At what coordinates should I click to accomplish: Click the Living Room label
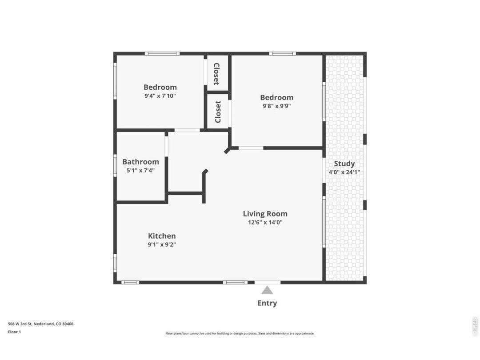coord(265,214)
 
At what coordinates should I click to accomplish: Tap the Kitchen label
coord(162,236)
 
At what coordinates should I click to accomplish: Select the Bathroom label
coord(140,162)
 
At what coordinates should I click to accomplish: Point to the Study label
coord(344,164)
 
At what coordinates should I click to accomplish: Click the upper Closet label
coord(216,74)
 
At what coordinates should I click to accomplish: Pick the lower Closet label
coord(218,112)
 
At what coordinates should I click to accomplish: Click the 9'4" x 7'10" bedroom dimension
coord(160,96)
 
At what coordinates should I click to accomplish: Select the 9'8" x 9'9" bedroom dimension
coord(277,106)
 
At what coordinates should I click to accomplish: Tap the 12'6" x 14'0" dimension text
coord(265,222)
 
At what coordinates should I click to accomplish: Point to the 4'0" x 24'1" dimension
coord(344,172)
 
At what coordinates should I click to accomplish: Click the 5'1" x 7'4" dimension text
coord(140,170)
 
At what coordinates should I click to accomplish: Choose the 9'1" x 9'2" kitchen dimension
coord(162,244)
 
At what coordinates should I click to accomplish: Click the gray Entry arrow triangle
coord(267,290)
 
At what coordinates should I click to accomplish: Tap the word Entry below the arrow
coord(267,303)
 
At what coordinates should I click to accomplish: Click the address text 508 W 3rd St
coord(20,324)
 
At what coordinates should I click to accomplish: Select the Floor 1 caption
coord(14,332)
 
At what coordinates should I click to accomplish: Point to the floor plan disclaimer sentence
coord(240,333)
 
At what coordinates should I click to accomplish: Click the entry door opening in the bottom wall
coord(267,282)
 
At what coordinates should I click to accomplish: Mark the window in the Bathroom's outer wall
coord(115,166)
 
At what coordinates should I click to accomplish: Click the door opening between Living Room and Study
coord(324,170)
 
